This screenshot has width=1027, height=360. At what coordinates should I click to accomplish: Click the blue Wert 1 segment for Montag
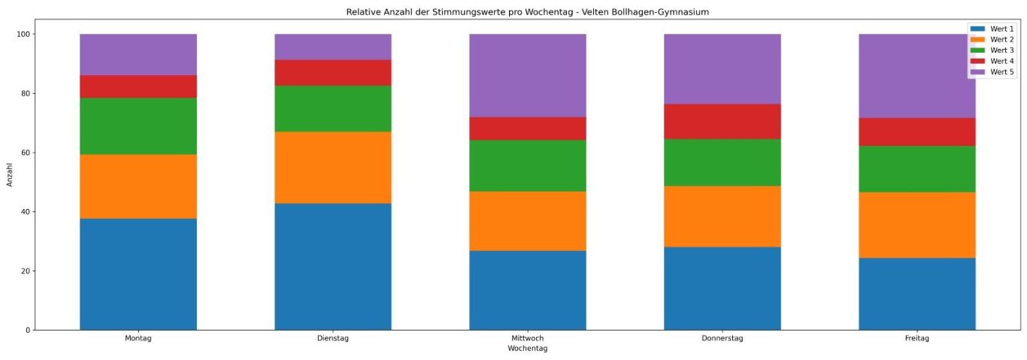(x=138, y=274)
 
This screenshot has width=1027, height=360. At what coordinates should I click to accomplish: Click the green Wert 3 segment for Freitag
(x=917, y=168)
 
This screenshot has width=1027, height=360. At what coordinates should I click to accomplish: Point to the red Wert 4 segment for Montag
(x=138, y=86)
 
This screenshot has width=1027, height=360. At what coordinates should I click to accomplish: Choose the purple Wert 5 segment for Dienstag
(x=333, y=47)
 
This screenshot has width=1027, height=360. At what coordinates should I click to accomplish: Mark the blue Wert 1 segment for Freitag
(x=917, y=293)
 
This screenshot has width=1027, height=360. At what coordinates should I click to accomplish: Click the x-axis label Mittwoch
(x=528, y=339)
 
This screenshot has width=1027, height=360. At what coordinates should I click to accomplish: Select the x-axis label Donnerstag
(x=723, y=339)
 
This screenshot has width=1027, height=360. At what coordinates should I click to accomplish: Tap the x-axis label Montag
(x=138, y=339)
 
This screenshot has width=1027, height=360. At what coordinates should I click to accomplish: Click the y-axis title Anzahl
(x=11, y=174)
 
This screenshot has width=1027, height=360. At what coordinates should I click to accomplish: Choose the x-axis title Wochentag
(x=528, y=349)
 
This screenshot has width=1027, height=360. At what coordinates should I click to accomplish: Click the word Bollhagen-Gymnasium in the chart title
(x=665, y=12)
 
